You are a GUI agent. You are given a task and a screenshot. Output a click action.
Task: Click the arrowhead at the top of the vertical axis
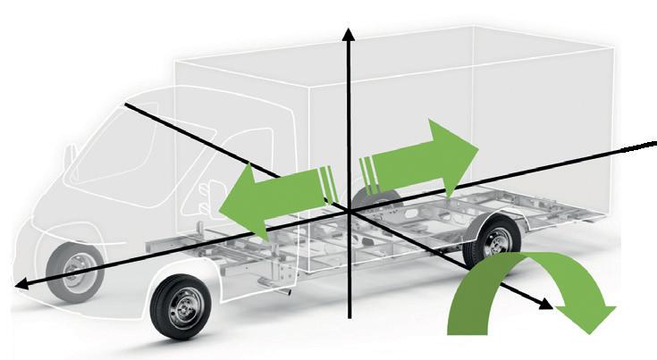(349, 35)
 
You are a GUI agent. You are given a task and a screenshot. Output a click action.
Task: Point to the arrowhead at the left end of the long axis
(22, 283)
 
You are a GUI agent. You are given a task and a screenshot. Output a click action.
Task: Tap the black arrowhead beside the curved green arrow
(545, 304)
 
